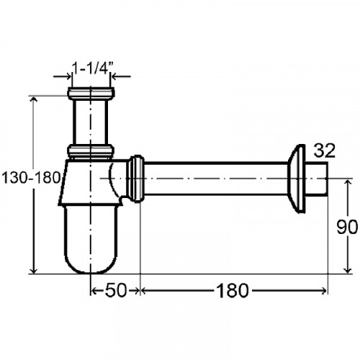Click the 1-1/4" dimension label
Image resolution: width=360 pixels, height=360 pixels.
tap(92, 68)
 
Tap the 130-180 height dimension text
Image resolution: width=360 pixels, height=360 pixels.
tap(30, 178)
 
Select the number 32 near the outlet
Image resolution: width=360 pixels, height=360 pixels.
tap(324, 151)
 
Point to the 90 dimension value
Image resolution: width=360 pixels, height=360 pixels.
tap(347, 228)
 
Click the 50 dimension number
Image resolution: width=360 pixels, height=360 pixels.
tap(115, 290)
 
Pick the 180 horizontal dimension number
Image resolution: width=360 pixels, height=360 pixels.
tap(233, 290)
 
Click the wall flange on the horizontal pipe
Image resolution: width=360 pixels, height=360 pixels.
tap(296, 179)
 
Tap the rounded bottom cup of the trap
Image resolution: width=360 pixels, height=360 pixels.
tap(91, 239)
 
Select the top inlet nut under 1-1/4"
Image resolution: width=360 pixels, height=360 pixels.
tap(91, 94)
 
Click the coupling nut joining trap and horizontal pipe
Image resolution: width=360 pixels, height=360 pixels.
tap(135, 179)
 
